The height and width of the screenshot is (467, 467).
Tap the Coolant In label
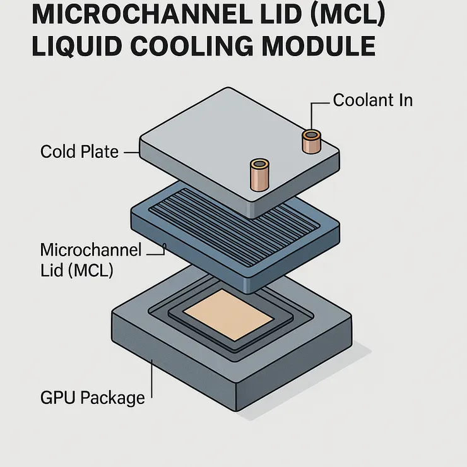372,100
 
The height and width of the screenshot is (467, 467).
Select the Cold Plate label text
79,151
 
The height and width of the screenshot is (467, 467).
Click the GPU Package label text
92,398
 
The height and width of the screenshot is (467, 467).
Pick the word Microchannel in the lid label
90,249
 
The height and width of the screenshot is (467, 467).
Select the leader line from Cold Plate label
131,152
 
